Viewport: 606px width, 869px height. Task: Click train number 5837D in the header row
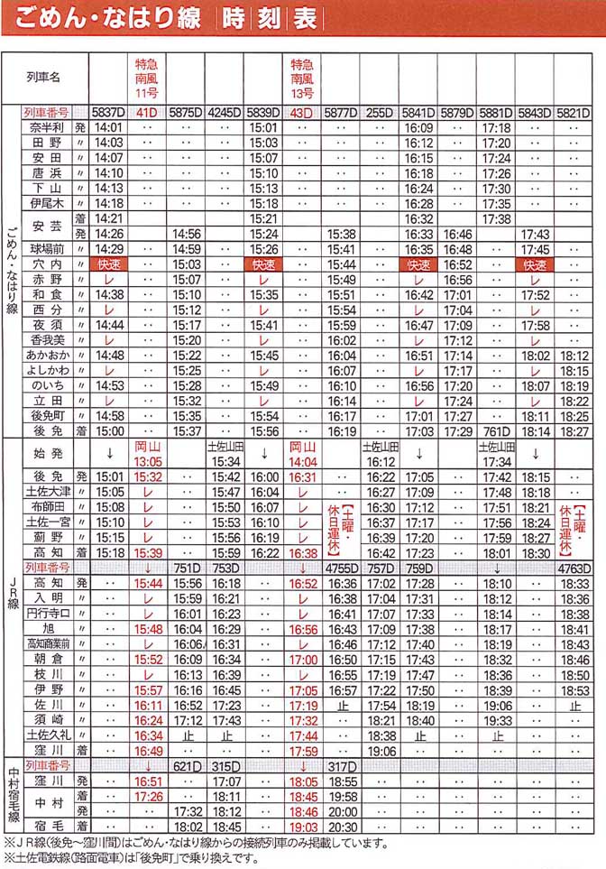pyautogui.click(x=108, y=114)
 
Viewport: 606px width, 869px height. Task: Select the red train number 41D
pyautogui.click(x=147, y=114)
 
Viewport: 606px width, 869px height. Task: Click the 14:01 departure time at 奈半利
pyautogui.click(x=108, y=128)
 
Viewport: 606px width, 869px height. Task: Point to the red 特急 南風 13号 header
pyautogui.click(x=302, y=79)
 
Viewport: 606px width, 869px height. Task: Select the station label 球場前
pyautogui.click(x=46, y=249)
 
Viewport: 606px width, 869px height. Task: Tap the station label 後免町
pyautogui.click(x=46, y=416)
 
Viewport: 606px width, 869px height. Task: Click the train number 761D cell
pyautogui.click(x=496, y=431)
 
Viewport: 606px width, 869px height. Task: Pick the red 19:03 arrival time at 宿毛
pyautogui.click(x=303, y=826)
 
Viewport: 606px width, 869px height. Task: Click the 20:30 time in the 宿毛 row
pyautogui.click(x=342, y=826)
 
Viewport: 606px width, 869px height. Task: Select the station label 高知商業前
pyautogui.click(x=46, y=644)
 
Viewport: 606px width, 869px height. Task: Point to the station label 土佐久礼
pyautogui.click(x=46, y=735)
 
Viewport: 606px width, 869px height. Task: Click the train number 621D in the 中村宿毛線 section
pyautogui.click(x=186, y=766)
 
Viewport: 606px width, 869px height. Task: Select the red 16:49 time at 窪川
pyautogui.click(x=147, y=750)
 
